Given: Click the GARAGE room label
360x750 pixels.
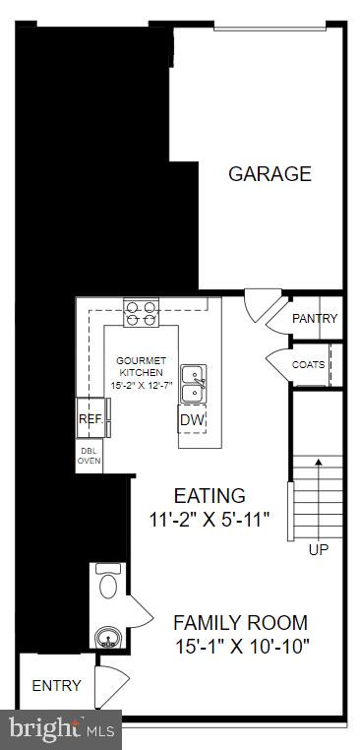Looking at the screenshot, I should point(270,174).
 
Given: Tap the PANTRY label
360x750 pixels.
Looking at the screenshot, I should point(315,319).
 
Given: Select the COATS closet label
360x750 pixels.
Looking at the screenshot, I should point(308,365).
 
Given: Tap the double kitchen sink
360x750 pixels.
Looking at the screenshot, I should point(193,384).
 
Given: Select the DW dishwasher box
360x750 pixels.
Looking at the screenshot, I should point(192,420).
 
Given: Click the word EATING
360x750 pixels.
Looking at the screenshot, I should point(210,495).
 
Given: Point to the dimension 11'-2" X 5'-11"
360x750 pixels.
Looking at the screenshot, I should point(209,518).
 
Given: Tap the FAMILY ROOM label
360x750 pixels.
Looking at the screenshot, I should point(240,622).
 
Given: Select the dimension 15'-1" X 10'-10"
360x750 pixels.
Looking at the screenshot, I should point(241,646).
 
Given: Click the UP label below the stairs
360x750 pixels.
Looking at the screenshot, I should point(319,549).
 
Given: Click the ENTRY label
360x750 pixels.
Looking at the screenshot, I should point(56,685).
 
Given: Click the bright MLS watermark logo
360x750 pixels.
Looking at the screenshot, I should point(61,729).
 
